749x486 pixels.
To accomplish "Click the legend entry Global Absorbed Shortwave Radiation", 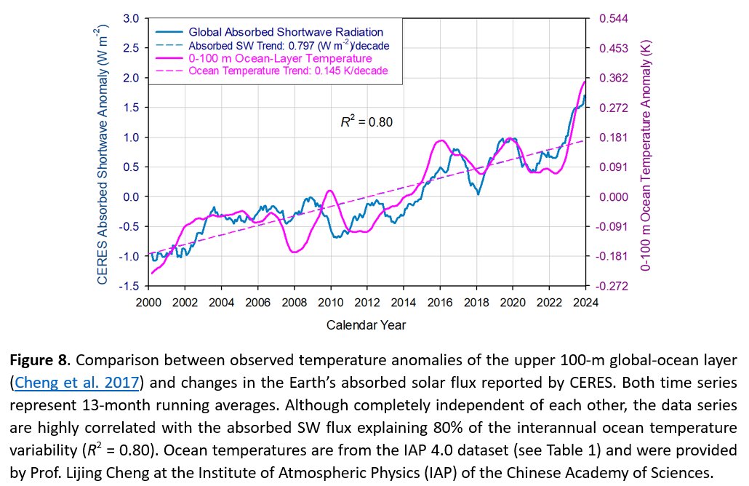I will click(x=286, y=32).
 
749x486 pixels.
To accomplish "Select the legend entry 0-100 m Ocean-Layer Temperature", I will click(x=280, y=57).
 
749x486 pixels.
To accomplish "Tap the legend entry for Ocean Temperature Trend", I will click(x=288, y=71).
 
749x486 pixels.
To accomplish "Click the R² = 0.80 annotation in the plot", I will click(x=367, y=122).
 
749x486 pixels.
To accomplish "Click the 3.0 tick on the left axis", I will click(x=132, y=18).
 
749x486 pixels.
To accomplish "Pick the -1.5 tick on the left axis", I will click(x=129, y=287).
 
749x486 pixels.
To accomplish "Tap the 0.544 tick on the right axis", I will click(x=612, y=18).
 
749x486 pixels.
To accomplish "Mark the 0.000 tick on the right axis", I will click(x=612, y=197).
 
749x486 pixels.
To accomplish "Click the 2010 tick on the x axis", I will click(x=330, y=302).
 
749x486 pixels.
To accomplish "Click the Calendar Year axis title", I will click(x=366, y=324).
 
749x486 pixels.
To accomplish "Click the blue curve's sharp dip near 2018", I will click(x=478, y=194).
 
